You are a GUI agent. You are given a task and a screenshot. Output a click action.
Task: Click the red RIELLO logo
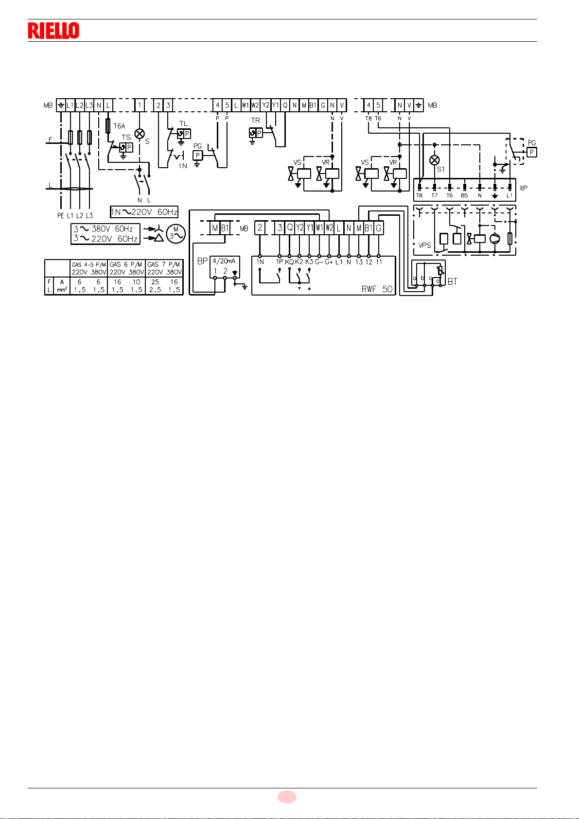click(53, 31)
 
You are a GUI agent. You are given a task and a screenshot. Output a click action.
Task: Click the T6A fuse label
click(119, 126)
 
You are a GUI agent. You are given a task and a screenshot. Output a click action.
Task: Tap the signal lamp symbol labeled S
click(140, 133)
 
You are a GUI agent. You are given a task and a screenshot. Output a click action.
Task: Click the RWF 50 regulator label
click(377, 289)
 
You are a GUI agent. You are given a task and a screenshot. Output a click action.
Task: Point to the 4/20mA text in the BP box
click(224, 261)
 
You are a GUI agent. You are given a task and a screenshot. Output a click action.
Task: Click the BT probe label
click(452, 281)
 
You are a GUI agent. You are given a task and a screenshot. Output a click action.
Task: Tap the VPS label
click(424, 245)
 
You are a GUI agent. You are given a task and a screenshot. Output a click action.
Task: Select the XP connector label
click(523, 188)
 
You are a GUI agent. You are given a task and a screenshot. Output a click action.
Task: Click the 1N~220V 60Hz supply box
click(144, 212)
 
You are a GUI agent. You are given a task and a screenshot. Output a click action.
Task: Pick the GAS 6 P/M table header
click(126, 264)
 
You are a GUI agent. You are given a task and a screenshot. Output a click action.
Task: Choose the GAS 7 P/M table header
click(164, 264)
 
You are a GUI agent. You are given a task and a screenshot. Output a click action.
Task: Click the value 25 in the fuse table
click(155, 282)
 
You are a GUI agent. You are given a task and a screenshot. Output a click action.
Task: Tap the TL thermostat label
click(183, 123)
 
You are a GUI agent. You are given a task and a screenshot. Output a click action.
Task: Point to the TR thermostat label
click(255, 121)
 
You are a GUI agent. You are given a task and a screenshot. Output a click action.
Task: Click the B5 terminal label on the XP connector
click(464, 195)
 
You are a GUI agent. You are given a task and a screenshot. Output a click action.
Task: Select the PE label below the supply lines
click(60, 215)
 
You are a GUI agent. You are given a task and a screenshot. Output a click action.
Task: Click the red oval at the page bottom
click(287, 797)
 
